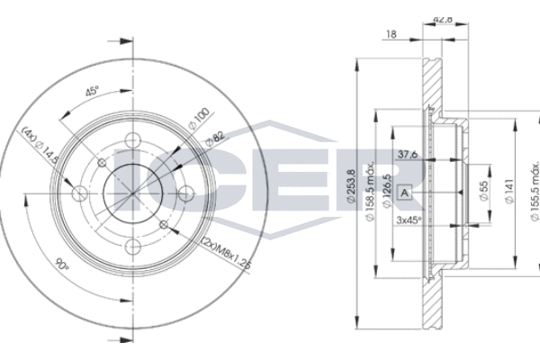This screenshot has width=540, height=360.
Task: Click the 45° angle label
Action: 92,92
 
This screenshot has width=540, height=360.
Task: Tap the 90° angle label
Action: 62,265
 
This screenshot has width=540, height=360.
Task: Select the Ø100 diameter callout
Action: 199,118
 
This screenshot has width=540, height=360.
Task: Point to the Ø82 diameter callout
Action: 215,138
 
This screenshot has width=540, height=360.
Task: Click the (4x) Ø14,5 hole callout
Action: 40,146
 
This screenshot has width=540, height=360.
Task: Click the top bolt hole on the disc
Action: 133,140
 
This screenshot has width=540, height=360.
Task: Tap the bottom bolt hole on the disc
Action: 133,247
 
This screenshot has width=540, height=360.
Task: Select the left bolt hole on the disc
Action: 80,193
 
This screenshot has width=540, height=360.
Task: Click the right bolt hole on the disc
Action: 186,193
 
